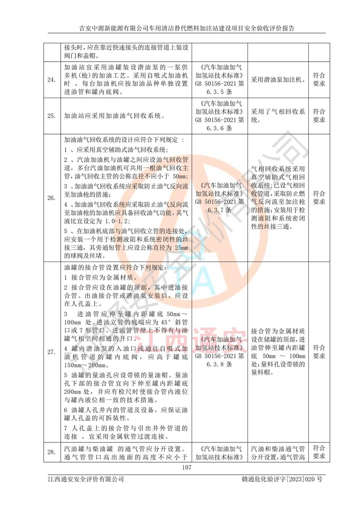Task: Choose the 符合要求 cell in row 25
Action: pos(319,115)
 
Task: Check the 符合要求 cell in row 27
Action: pos(319,351)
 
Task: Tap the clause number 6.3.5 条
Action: pos(219,92)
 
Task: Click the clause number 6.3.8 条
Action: pos(219,364)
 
